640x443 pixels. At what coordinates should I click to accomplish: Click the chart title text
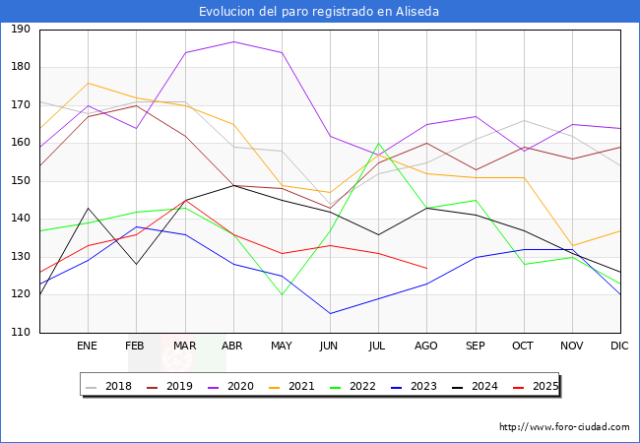(319, 12)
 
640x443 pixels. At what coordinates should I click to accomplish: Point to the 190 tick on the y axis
(20, 30)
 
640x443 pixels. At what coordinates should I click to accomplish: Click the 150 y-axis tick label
(20, 181)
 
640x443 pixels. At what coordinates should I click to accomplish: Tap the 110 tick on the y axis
(20, 333)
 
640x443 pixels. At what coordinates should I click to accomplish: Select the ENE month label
(88, 347)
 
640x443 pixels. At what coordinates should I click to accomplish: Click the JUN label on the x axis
(330, 347)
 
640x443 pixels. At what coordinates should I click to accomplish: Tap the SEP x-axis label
(476, 347)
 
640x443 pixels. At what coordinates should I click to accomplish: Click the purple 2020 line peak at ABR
(233, 41)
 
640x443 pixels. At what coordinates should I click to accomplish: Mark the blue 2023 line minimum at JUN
(330, 314)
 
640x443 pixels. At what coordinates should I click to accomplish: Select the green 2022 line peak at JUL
(378, 144)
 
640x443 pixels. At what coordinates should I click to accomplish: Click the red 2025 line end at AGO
(426, 268)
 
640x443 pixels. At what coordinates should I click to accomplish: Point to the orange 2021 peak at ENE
(88, 83)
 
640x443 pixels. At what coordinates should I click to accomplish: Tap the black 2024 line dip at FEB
(136, 264)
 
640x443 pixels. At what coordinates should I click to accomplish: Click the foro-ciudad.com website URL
(564, 427)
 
